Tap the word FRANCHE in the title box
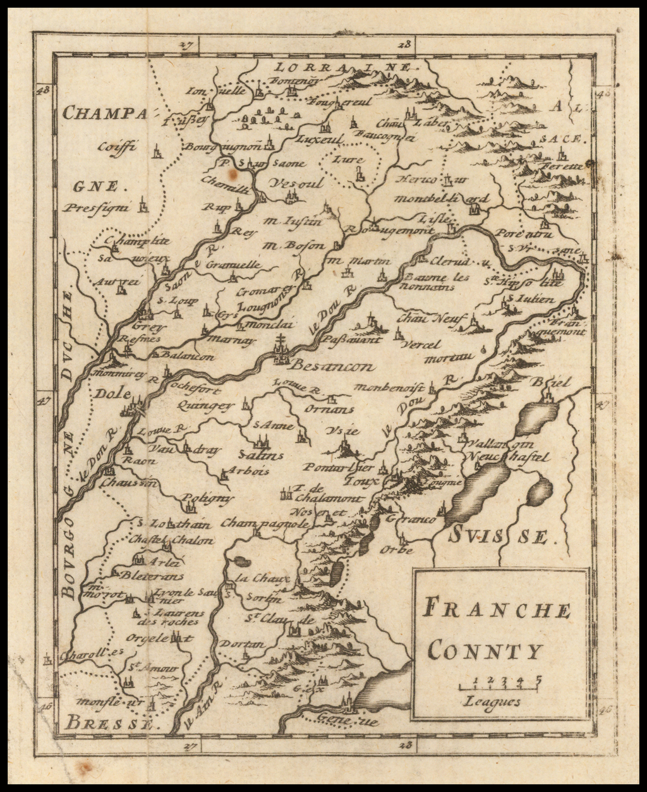coord(497,610)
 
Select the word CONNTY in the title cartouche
coord(485,650)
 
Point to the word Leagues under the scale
coord(492,701)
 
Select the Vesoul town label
coord(295,183)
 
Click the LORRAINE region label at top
coord(344,66)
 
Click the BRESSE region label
coord(108,722)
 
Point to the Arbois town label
coord(248,471)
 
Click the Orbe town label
coord(396,550)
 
